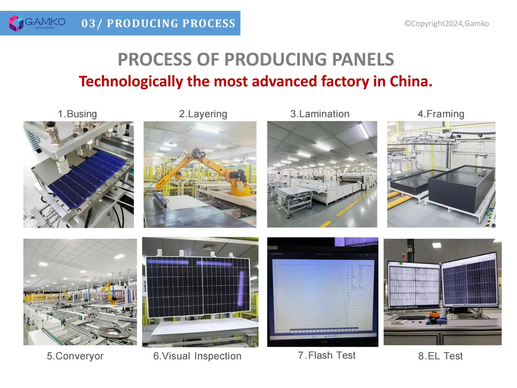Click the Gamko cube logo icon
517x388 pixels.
point(16,23)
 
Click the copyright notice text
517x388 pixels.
point(446,24)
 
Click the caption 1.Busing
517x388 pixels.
point(77,114)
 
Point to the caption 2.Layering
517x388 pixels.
point(203,114)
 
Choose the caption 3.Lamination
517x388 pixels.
point(320,114)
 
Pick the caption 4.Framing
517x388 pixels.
point(441,114)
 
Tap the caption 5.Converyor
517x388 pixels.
point(75,356)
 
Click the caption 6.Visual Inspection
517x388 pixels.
point(197,356)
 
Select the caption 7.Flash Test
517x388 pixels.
point(327,355)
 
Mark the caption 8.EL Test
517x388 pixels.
point(440,356)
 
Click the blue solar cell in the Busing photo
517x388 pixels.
point(85,176)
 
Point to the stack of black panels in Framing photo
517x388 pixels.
point(458,189)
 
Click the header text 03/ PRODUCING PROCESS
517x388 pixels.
point(158,23)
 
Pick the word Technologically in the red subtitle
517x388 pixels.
point(131,81)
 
